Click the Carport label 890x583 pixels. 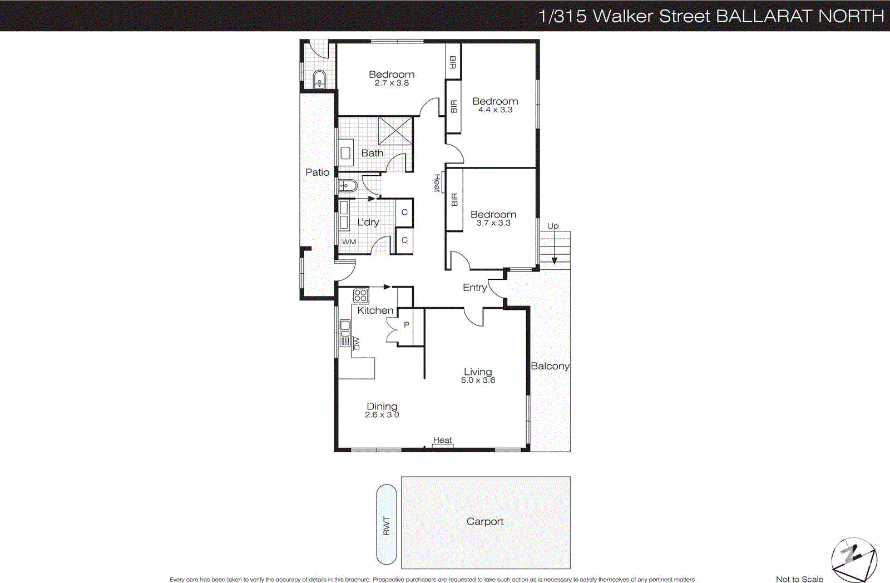point(484,521)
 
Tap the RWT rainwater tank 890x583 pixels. point(387,525)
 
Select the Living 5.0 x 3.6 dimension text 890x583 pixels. point(478,381)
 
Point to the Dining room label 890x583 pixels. point(382,406)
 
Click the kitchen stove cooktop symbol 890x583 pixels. point(360,295)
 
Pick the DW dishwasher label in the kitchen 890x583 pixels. point(357,344)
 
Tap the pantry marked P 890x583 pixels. point(407,325)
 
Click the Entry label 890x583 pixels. point(474,287)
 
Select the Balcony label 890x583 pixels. point(550,366)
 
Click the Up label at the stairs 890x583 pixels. point(552,226)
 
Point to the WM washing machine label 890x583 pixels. point(349,241)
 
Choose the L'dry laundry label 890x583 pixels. point(368,222)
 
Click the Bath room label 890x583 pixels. point(372,153)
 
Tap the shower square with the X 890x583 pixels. point(395,131)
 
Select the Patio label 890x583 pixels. point(317,172)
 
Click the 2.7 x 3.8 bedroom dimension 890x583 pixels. point(392,83)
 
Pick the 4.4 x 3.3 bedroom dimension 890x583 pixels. point(495,110)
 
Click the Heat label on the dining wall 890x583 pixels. point(442,440)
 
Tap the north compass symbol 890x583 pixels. point(853,558)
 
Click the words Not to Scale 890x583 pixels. point(799,579)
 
